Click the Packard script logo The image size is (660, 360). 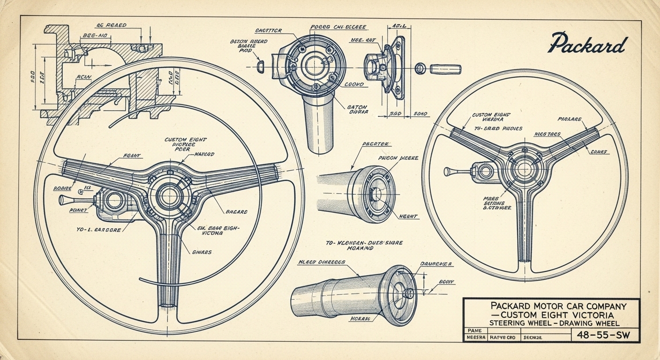click(x=588, y=44)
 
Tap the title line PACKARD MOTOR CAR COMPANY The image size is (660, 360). click(x=558, y=306)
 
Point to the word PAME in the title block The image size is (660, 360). click(x=474, y=330)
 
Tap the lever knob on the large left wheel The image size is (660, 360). click(x=62, y=201)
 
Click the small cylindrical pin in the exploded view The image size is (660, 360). click(x=445, y=68)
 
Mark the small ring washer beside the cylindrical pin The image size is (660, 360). click(x=421, y=68)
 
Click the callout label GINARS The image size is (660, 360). click(x=202, y=252)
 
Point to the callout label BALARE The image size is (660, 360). click(x=236, y=212)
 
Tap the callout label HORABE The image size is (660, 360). click(x=360, y=319)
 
